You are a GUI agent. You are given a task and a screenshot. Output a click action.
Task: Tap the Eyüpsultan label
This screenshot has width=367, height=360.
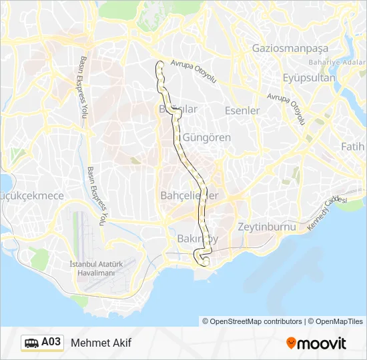tap(309, 77)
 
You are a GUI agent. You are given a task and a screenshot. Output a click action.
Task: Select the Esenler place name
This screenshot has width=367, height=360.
tap(242, 110)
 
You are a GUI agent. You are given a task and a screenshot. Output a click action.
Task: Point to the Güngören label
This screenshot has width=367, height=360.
tap(207, 137)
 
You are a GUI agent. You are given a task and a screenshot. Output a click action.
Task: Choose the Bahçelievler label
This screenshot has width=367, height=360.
tap(190, 195)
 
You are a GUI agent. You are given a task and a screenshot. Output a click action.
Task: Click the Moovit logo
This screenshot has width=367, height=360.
tap(316, 343)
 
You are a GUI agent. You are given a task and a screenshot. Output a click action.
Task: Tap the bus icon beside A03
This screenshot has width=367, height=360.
tap(31, 343)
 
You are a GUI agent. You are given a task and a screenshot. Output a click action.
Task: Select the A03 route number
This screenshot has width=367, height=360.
tap(51, 343)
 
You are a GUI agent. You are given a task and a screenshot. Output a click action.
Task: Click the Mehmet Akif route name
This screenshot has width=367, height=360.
tap(101, 343)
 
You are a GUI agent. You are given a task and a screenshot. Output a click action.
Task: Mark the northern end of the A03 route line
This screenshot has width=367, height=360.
tap(160, 64)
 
